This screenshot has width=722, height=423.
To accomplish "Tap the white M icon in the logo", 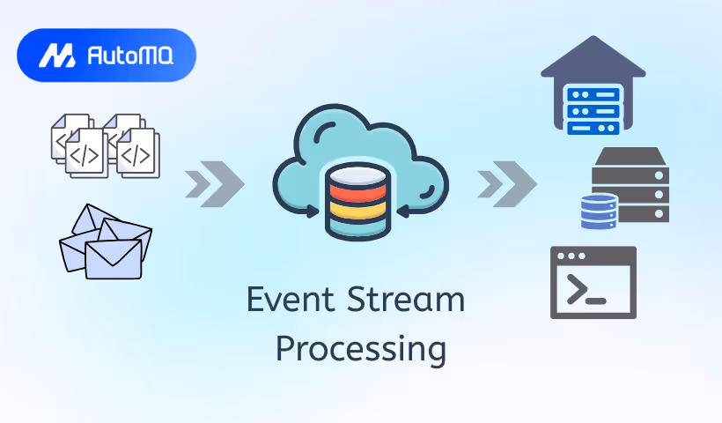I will pos(57,56).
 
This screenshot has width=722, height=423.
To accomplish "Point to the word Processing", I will pos(360,347).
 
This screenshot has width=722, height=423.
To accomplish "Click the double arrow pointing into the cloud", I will pos(215,184).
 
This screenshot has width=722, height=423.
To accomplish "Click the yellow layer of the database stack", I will pos(357,211).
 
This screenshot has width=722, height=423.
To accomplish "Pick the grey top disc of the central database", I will pos(357,173).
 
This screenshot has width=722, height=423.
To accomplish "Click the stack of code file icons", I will pos(105,145).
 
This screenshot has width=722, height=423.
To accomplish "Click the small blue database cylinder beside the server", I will pos(599,211).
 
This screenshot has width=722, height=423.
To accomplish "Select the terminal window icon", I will pos(593,282).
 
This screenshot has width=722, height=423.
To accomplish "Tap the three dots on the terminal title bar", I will pos(571,256).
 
